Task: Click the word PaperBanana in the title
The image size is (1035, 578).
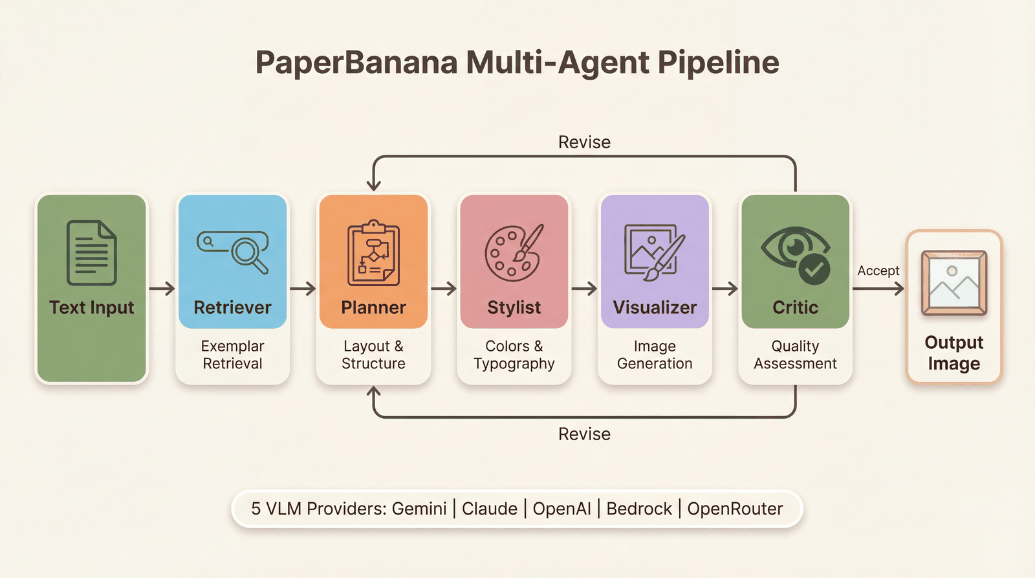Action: [x=356, y=63]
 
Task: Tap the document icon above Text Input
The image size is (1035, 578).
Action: [x=92, y=253]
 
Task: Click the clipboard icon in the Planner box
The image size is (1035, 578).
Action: [x=373, y=253]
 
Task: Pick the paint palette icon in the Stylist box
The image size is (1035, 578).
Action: [x=514, y=253]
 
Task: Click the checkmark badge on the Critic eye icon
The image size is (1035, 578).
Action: [x=814, y=269]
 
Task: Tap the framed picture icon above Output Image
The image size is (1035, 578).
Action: [x=953, y=283]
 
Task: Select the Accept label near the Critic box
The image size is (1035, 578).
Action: [x=878, y=271]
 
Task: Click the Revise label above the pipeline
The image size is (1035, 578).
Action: [x=584, y=142]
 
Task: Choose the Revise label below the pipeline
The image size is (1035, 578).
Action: [x=584, y=434]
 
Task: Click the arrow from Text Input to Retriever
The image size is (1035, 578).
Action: [x=162, y=289]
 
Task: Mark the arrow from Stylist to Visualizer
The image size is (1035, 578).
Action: [x=583, y=289]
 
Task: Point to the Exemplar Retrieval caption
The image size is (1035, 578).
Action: [x=232, y=355]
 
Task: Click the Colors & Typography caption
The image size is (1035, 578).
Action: [x=514, y=355]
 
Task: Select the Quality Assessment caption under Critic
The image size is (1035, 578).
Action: [x=795, y=355]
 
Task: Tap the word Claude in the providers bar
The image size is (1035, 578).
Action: [x=489, y=509]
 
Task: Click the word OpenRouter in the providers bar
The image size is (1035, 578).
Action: [x=735, y=509]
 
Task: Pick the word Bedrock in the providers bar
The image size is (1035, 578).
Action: [x=638, y=509]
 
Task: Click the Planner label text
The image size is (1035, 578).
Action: [x=373, y=307]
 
